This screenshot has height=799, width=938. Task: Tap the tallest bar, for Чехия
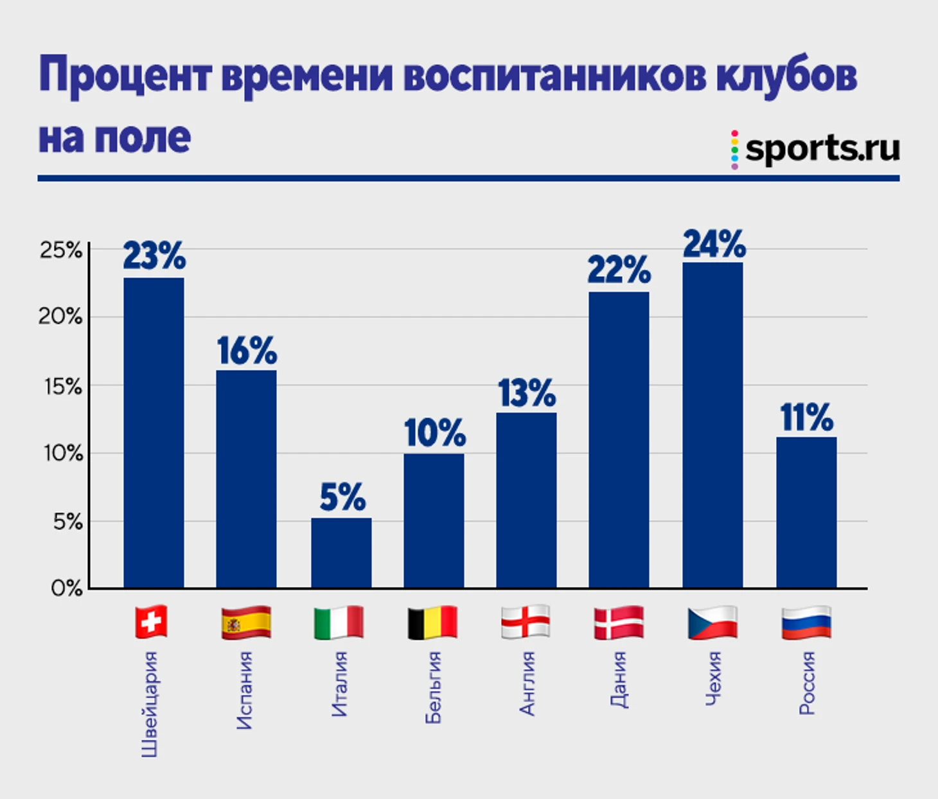712,425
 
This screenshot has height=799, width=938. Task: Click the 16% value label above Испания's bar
247,351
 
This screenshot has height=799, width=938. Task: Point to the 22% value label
619,270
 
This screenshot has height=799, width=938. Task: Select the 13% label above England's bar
527,393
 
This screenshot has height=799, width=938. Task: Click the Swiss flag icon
152,622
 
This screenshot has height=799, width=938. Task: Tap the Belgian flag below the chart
433,622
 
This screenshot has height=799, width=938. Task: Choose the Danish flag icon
619,622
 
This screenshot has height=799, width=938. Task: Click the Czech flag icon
712,622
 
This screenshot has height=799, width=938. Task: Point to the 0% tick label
67,588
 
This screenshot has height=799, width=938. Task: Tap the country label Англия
527,683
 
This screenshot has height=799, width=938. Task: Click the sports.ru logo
816,149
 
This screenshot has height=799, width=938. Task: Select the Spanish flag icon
246,622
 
